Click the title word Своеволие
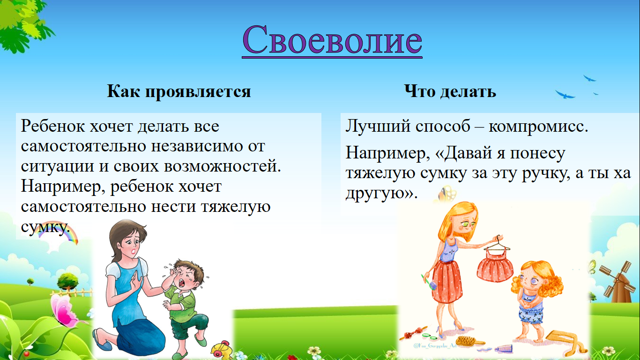pyautogui.click(x=332, y=39)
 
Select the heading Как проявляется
pyautogui.click(x=179, y=91)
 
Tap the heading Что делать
pyautogui.click(x=450, y=91)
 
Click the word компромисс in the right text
pyautogui.click(x=538, y=127)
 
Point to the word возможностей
pyautogui.click(x=223, y=166)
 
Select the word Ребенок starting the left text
pyautogui.click(x=53, y=126)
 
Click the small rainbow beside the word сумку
pyautogui.click(x=59, y=236)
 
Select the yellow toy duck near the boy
pyautogui.click(x=221, y=350)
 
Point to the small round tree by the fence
pyautogui.click(x=67, y=280)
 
